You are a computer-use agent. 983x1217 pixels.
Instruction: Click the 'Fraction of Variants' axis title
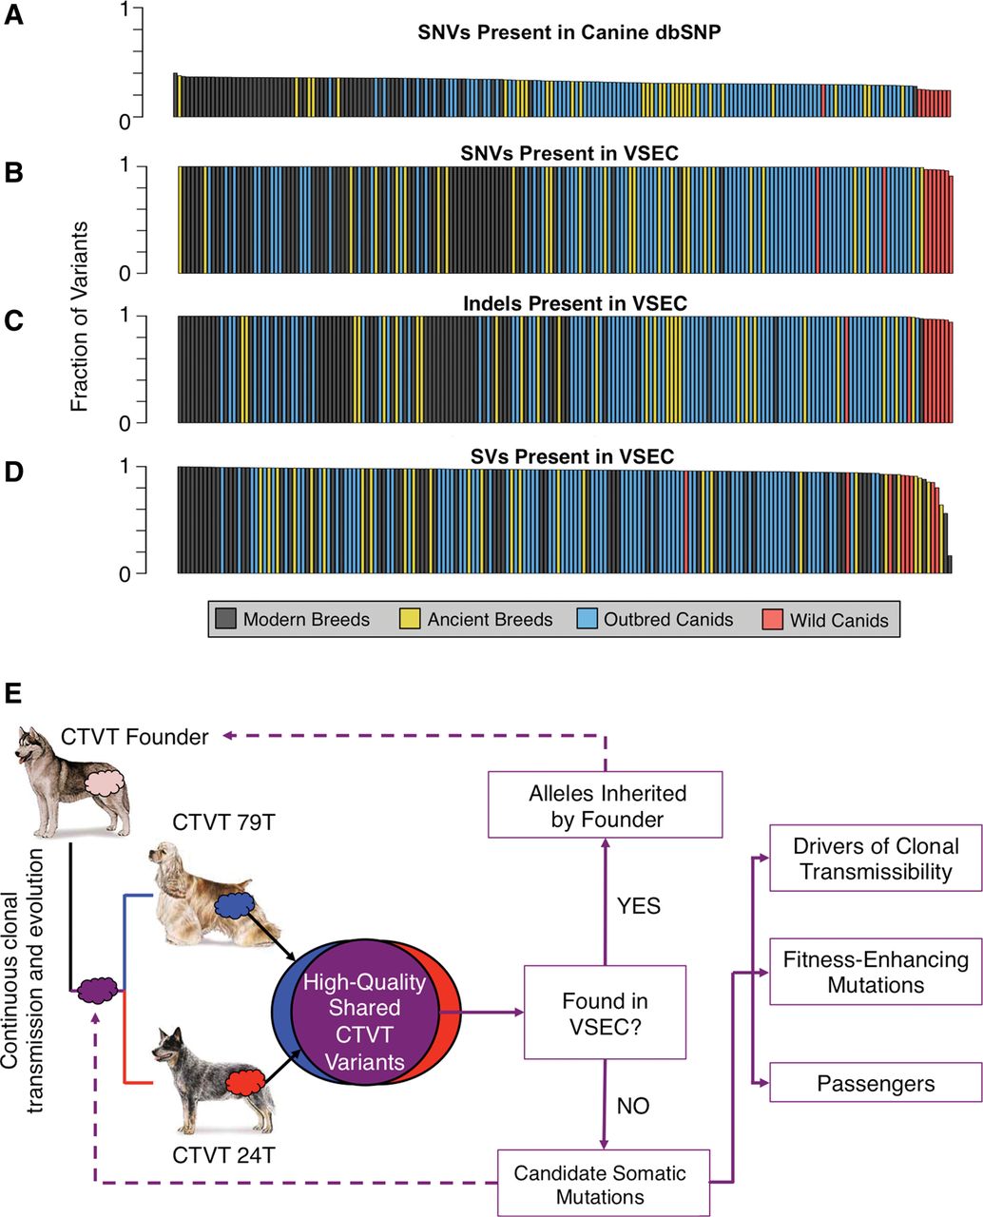(x=79, y=316)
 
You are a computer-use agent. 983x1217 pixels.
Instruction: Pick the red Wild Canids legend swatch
(x=773, y=620)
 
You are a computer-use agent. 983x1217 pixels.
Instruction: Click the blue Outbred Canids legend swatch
(x=588, y=620)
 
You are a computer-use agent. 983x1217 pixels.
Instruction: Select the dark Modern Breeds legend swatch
(x=226, y=620)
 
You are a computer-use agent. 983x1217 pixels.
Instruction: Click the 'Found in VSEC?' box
(x=605, y=1013)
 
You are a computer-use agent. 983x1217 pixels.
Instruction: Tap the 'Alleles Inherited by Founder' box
(x=605, y=805)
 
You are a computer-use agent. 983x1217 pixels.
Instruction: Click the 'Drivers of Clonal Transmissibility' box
(x=876, y=859)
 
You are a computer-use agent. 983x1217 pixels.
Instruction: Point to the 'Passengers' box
(x=876, y=1083)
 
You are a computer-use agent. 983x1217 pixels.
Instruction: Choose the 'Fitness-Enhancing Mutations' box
(x=876, y=971)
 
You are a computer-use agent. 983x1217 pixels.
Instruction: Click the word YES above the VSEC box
(x=638, y=905)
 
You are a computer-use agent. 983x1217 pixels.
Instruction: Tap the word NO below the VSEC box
(x=633, y=1107)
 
